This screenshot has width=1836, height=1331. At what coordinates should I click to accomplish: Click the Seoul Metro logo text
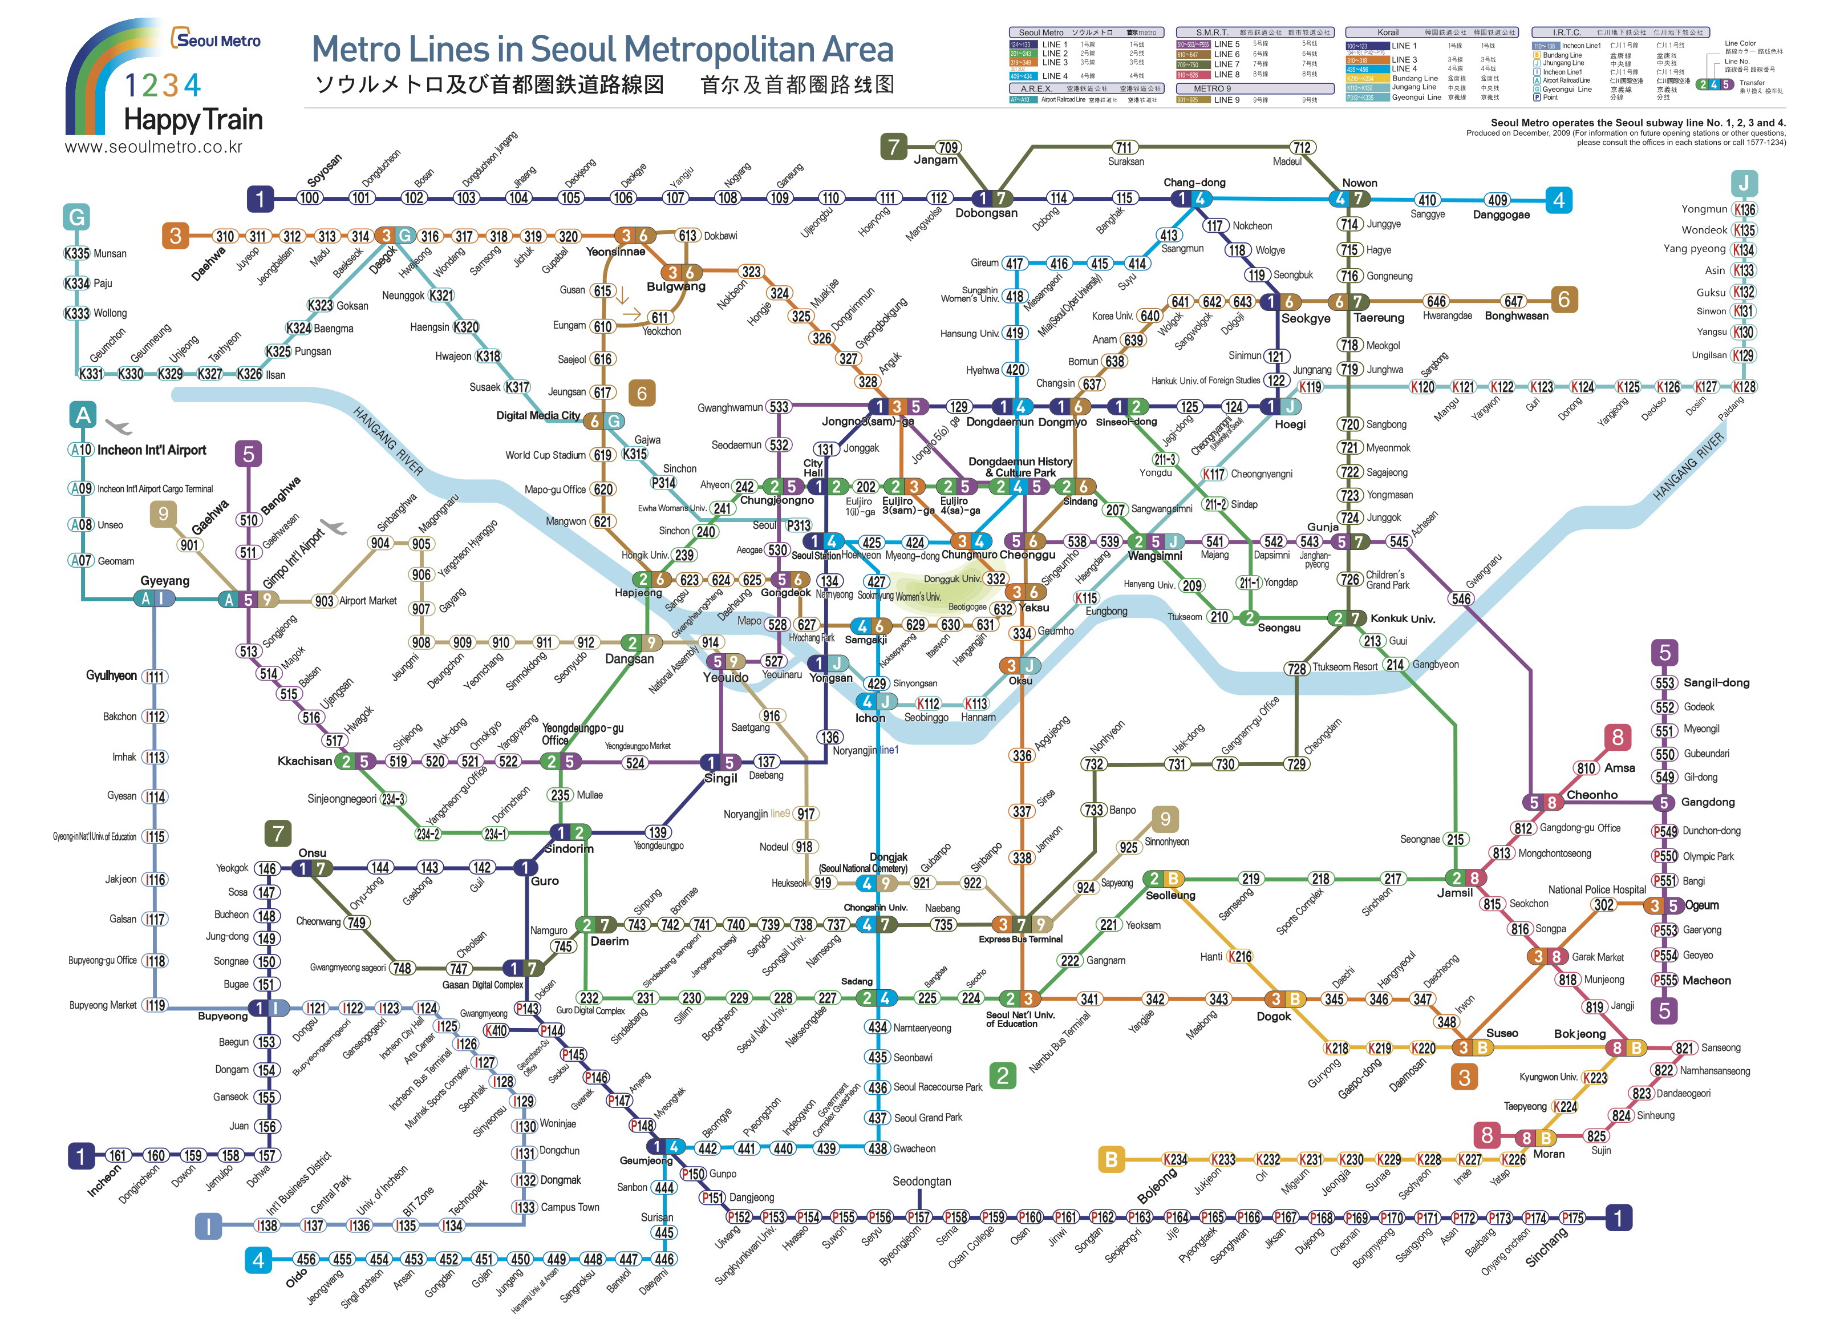(x=216, y=40)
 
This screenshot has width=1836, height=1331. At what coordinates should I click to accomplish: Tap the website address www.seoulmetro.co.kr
(x=154, y=147)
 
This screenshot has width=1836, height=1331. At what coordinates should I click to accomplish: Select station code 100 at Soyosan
(x=309, y=197)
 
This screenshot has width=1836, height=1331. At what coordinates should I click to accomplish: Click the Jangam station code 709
(x=948, y=147)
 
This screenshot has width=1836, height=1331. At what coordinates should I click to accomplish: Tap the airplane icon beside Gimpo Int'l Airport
(x=333, y=527)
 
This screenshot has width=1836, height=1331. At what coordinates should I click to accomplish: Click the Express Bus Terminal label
(x=1020, y=939)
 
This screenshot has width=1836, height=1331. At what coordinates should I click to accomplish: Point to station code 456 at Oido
(x=306, y=1259)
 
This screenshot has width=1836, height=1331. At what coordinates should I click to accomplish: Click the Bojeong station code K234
(x=1174, y=1159)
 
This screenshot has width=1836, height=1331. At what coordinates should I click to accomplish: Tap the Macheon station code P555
(x=1664, y=981)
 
